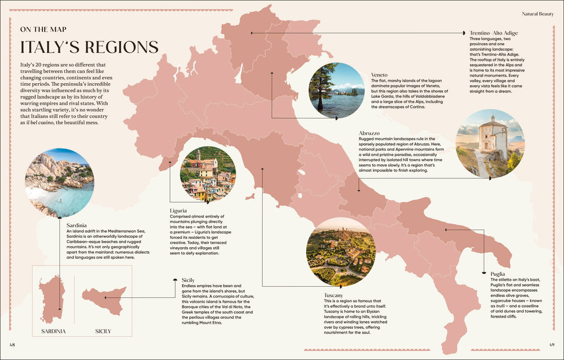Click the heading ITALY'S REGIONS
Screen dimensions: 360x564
[89, 47]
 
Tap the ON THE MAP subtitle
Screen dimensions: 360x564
[45, 29]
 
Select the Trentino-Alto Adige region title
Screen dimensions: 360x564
[493, 33]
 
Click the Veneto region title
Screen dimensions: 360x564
[379, 75]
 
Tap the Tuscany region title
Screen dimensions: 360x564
[334, 296]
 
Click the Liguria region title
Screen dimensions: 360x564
[178, 211]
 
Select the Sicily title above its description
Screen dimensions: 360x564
[188, 280]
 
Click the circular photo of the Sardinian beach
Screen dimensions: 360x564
[59, 182]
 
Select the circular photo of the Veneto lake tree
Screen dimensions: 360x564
[337, 90]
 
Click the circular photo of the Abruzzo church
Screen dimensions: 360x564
[490, 143]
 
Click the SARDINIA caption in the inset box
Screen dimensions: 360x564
[53, 331]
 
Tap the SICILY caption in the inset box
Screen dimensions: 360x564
[103, 331]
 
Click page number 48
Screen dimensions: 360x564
[13, 345]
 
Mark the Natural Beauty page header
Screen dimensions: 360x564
[538, 13]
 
